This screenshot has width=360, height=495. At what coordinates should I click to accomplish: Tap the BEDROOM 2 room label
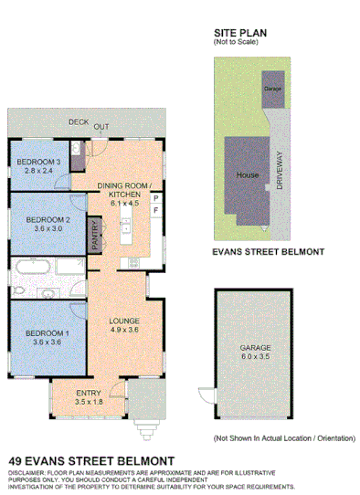[x=48, y=219]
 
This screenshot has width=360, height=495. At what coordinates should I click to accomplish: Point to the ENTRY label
[x=90, y=393]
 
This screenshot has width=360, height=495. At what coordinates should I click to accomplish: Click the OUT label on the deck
[x=101, y=127]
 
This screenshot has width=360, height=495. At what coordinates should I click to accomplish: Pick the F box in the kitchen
[x=155, y=211]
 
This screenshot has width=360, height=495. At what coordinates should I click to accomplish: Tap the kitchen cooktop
[x=134, y=263]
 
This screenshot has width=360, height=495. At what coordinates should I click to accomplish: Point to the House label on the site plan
[x=247, y=174]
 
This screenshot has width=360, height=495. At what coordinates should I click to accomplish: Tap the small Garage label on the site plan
[x=271, y=88]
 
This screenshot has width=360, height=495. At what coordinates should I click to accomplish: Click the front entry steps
[x=144, y=424]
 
